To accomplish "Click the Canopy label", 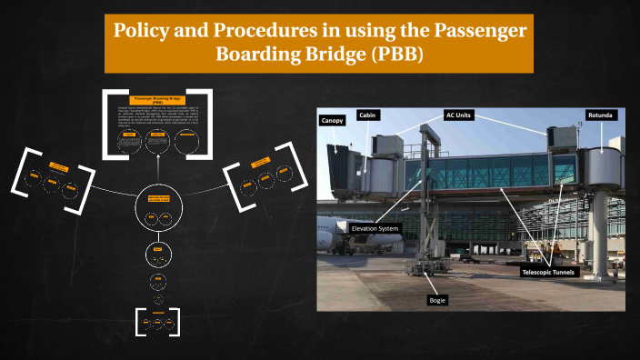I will pyautogui.click(x=331, y=120).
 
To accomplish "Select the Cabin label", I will pyautogui.click(x=367, y=115).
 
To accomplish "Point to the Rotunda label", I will pyautogui.click(x=602, y=115).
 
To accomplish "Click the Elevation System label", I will pyautogui.click(x=375, y=228).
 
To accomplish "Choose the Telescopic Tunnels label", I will pyautogui.click(x=549, y=272).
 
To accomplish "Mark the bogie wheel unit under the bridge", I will pyautogui.click(x=421, y=268).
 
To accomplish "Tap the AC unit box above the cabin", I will pyautogui.click(x=386, y=143).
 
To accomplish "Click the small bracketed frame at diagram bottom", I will pyautogui.click(x=158, y=321).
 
